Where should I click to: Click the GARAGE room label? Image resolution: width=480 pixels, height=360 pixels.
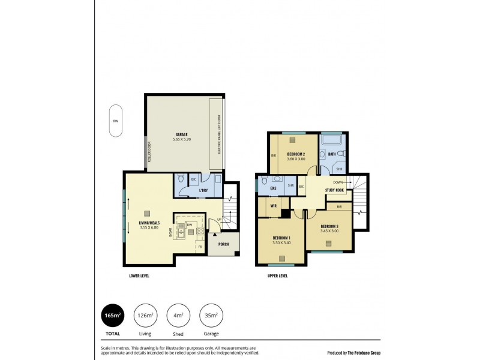click(181, 134)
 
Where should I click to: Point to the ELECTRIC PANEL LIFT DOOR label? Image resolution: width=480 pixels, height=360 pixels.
click(219, 134)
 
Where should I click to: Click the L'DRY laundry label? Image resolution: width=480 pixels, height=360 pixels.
click(203, 190)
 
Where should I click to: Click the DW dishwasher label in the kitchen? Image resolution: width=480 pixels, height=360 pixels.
click(189, 225)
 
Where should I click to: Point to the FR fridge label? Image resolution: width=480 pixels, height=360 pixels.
click(199, 246)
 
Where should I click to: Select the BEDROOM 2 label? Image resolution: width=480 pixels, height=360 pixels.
click(296, 154)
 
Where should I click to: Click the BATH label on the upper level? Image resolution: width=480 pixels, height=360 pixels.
click(332, 154)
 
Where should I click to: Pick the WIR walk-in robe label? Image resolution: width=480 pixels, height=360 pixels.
click(273, 205)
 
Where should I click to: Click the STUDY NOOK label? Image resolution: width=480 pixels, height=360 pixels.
click(334, 190)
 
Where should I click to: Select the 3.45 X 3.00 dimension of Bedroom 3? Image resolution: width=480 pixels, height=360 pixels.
click(329, 230)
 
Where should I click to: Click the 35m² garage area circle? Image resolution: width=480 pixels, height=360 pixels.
click(210, 316)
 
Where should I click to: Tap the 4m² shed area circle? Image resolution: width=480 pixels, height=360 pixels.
click(178, 316)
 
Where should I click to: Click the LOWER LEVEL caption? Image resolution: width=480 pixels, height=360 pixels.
click(139, 276)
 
